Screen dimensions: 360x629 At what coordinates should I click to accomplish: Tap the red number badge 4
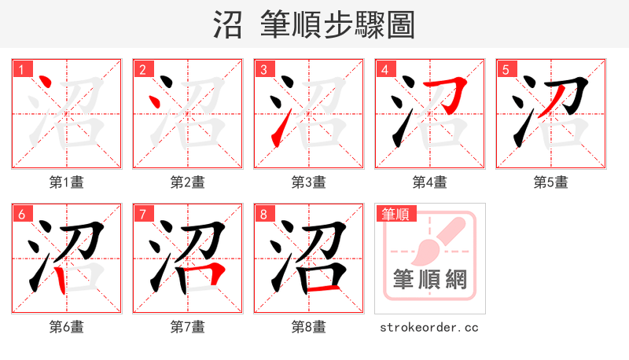pyautogui.click(x=384, y=69)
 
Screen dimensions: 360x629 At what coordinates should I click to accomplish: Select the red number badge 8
pyautogui.click(x=263, y=214)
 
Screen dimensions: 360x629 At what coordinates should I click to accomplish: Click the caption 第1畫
pyautogui.click(x=66, y=182)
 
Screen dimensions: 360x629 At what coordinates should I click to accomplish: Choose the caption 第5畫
pyautogui.click(x=550, y=182)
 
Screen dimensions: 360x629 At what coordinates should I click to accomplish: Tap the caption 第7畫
pyautogui.click(x=187, y=327)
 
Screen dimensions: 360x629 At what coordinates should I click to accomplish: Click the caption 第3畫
pyautogui.click(x=308, y=182)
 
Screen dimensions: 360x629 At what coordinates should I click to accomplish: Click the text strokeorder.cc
pyautogui.click(x=429, y=327)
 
